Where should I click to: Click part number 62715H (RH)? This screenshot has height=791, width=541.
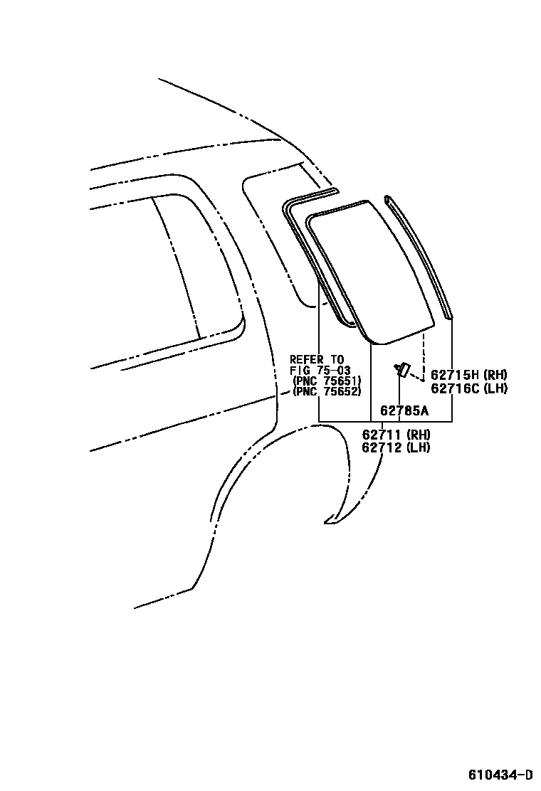[468, 375]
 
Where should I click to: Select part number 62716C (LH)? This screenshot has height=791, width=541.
[468, 388]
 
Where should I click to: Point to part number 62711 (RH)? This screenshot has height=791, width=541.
[396, 435]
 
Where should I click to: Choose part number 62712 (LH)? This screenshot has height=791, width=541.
[396, 447]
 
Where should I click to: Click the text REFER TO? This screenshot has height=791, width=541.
[317, 359]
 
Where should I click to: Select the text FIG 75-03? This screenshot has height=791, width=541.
[320, 370]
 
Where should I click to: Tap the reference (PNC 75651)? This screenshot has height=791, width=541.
[327, 381]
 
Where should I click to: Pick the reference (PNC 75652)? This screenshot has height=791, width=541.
[327, 391]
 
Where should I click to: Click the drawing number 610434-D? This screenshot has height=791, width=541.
[500, 774]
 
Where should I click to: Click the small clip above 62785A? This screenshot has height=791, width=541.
[401, 369]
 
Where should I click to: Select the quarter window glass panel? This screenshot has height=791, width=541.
[370, 270]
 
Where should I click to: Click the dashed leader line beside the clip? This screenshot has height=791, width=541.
[423, 356]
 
